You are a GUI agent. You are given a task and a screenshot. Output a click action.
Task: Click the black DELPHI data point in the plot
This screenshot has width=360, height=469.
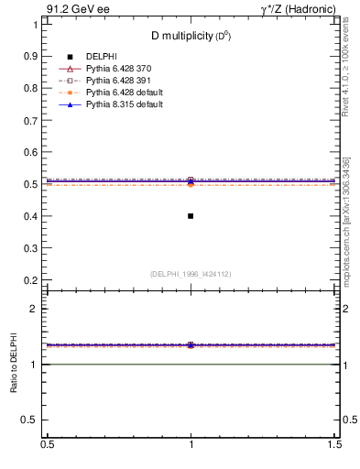[191, 216]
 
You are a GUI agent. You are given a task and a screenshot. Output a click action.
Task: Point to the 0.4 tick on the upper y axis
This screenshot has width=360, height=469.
[33, 216]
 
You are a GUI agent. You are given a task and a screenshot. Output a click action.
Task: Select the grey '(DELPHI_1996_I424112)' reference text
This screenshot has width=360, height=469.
[191, 274]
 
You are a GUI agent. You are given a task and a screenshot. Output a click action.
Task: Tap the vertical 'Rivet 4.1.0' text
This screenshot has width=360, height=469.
[349, 70]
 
